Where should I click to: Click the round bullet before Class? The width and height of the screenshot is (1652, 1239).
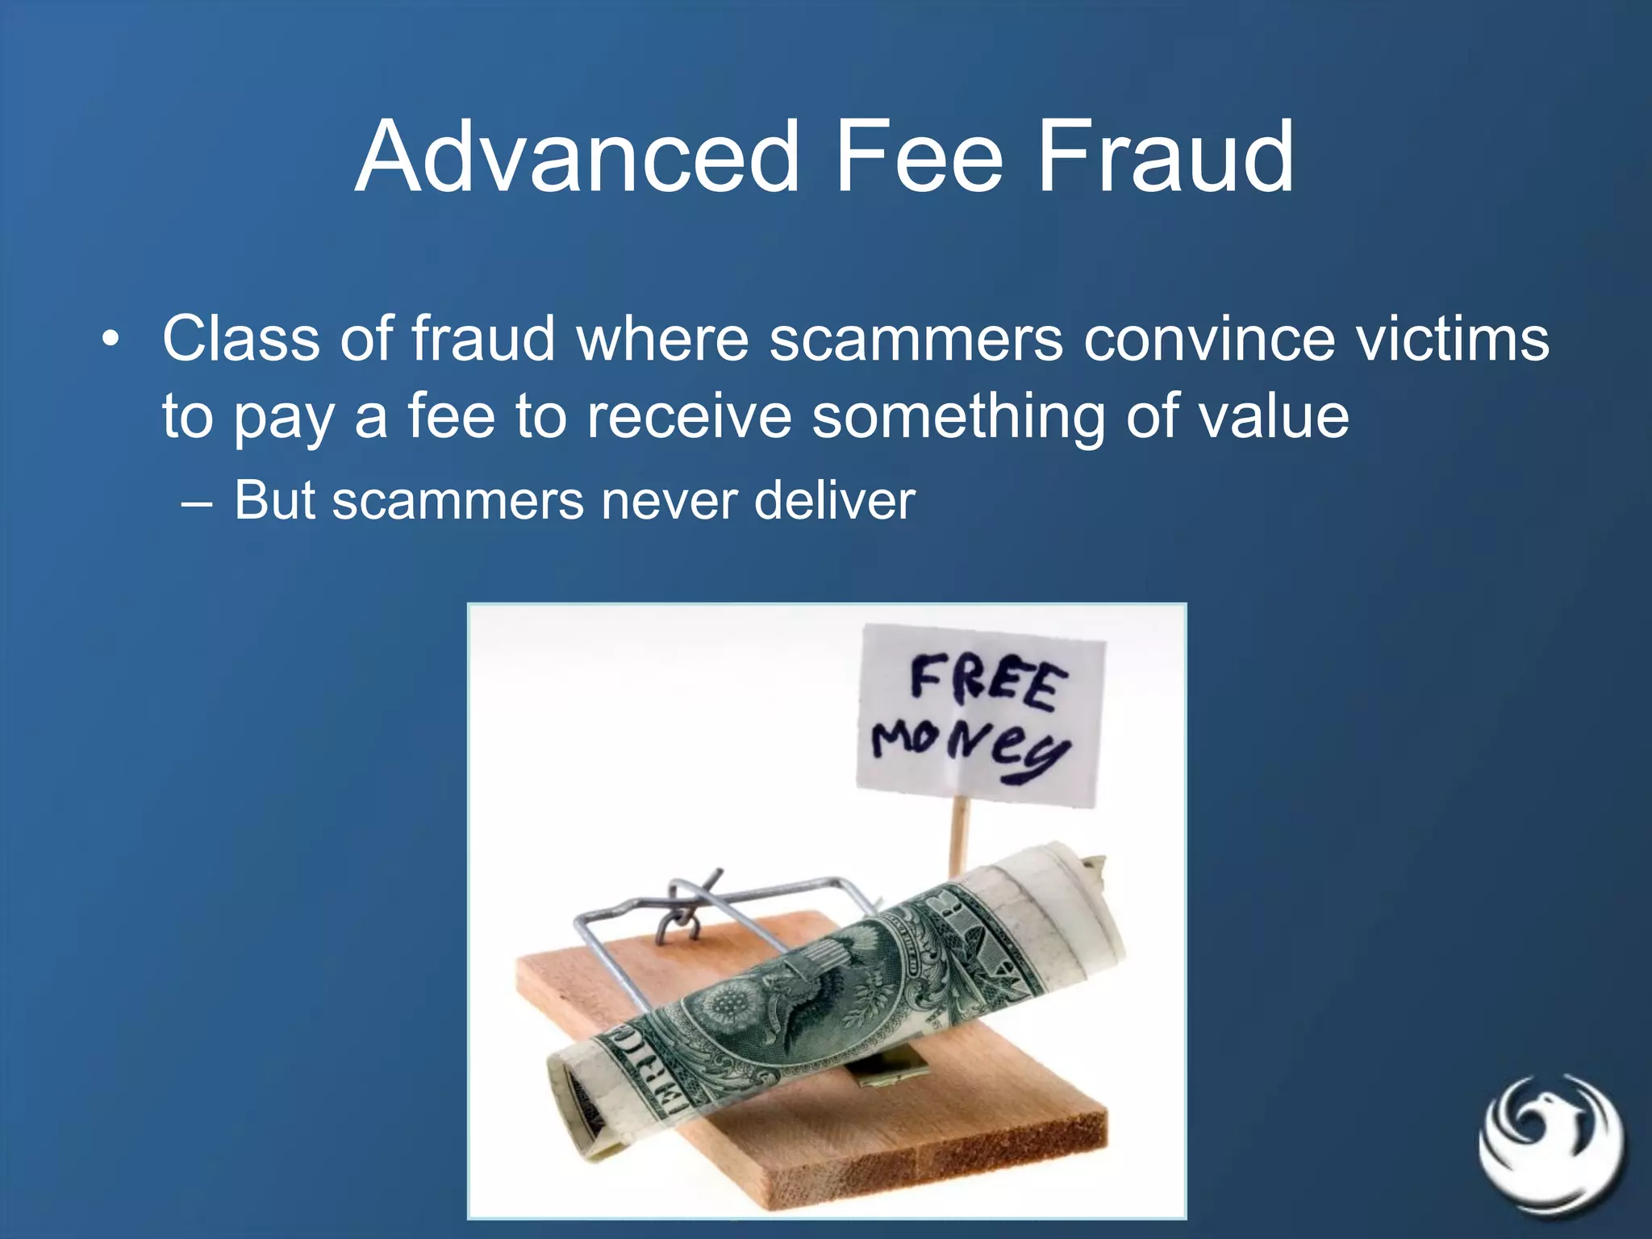(111, 340)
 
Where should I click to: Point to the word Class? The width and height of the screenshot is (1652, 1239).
(240, 340)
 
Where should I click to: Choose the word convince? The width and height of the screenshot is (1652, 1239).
(1209, 340)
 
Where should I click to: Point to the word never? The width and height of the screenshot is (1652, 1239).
(668, 502)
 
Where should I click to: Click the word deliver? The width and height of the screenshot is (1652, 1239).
(835, 500)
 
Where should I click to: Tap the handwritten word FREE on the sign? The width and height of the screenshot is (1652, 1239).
(988, 682)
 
